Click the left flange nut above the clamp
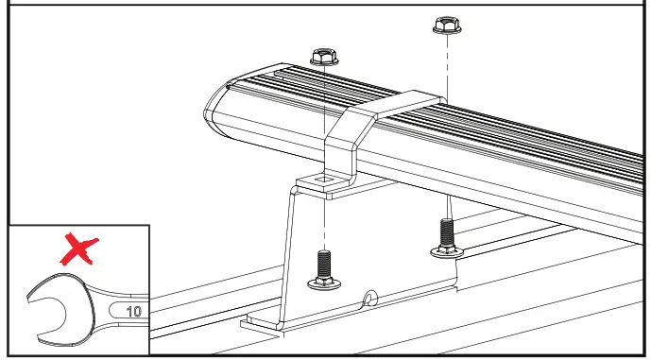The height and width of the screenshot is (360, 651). coord(323,56)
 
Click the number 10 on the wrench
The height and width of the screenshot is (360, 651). coord(132,309)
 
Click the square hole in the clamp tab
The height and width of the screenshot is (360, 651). coord(324,177)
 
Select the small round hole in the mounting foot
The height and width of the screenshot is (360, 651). coord(368,300)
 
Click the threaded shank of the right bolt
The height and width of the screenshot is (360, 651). coord(444,231)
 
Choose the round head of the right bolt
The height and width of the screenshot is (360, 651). coord(444,249)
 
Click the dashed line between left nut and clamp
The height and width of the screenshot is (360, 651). coord(323,94)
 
